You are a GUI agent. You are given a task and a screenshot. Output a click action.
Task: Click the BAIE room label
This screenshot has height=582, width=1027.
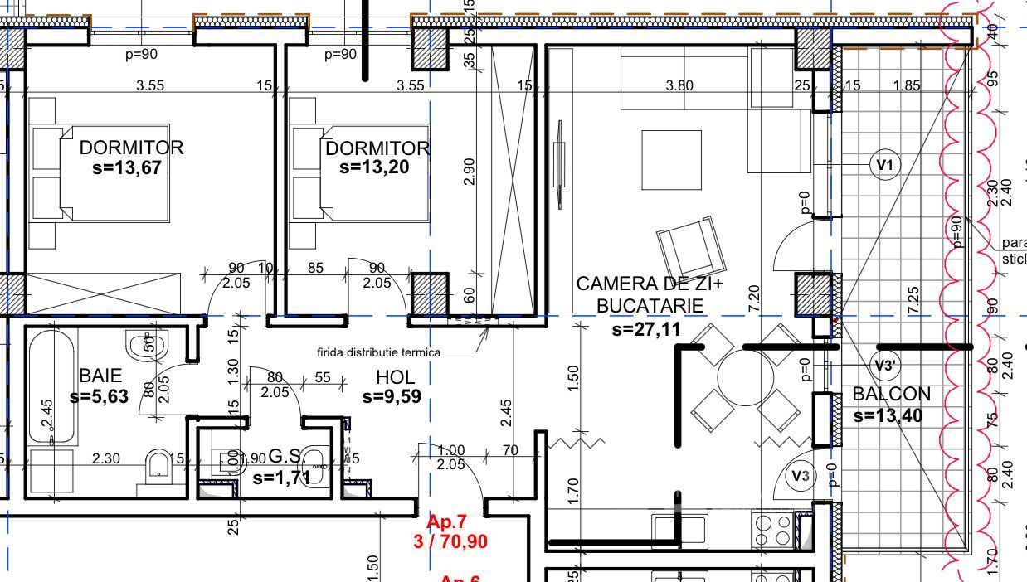(x=100, y=375)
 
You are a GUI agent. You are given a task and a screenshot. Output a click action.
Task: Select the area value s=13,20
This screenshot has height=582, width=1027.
(x=374, y=167)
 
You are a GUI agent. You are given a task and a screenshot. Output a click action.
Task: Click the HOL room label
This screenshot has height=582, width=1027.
(x=395, y=377)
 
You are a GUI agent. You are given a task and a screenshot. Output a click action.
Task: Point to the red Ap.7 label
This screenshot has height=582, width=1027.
(x=447, y=522)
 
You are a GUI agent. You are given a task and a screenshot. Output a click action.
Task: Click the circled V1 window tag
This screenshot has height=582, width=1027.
(x=885, y=165)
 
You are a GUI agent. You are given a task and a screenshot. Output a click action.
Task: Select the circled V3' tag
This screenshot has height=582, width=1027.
(x=885, y=365)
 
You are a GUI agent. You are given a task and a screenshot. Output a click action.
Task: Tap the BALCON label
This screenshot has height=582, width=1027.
(x=891, y=394)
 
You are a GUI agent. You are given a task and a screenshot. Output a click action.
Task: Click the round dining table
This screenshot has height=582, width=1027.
(x=745, y=376)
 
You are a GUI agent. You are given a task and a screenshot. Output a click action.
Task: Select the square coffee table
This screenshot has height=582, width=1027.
(x=671, y=159)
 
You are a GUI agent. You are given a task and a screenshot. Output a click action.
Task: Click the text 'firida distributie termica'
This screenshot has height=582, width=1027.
(x=378, y=352)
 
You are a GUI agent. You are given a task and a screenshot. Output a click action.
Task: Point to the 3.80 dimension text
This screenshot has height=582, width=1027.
(x=679, y=85)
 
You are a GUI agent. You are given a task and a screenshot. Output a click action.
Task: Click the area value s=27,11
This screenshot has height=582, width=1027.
(x=646, y=330)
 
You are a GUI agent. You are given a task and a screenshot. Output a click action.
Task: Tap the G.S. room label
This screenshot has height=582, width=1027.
(x=287, y=457)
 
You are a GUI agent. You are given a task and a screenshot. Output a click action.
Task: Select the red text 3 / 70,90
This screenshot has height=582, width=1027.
(x=450, y=542)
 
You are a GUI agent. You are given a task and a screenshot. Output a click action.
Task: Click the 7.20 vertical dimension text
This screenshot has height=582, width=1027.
(x=753, y=298)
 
